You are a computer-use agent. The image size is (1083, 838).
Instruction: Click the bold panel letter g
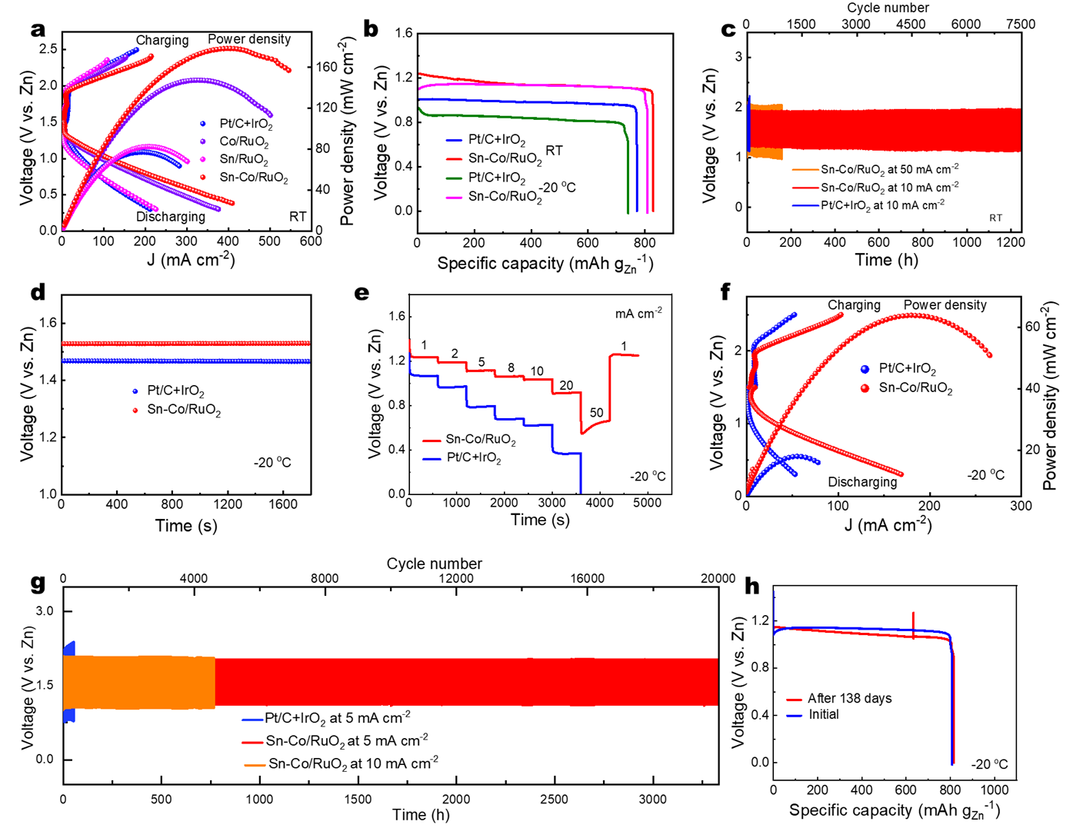38,583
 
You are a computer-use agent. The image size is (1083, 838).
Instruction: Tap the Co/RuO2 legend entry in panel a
244,141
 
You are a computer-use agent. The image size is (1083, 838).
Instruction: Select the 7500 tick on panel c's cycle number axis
1020,24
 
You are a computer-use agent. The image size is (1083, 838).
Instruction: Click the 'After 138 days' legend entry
849,698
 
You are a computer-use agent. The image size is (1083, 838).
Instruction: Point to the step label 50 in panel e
596,413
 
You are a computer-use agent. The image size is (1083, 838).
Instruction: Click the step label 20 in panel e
566,385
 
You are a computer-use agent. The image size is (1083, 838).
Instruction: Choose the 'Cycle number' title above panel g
434,564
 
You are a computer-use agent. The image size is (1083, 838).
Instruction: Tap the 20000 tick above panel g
717,578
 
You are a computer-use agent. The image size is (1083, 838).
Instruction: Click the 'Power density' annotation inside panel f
945,305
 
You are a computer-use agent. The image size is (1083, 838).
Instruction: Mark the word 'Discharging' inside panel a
171,217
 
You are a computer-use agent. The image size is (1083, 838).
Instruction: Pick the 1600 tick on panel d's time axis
283,504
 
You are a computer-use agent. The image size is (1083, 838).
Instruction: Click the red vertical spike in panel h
913,624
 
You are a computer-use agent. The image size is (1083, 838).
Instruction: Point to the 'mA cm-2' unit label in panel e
638,313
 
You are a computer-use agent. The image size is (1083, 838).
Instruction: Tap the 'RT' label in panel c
995,218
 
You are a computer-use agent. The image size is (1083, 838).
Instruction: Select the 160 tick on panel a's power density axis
327,67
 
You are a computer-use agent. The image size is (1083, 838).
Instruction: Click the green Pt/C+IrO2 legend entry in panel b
496,178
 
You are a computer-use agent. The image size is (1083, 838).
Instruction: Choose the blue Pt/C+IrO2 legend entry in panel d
175,391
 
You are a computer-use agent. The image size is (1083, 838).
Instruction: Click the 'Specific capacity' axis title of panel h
894,810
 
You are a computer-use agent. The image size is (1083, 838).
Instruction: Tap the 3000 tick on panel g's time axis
653,799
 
